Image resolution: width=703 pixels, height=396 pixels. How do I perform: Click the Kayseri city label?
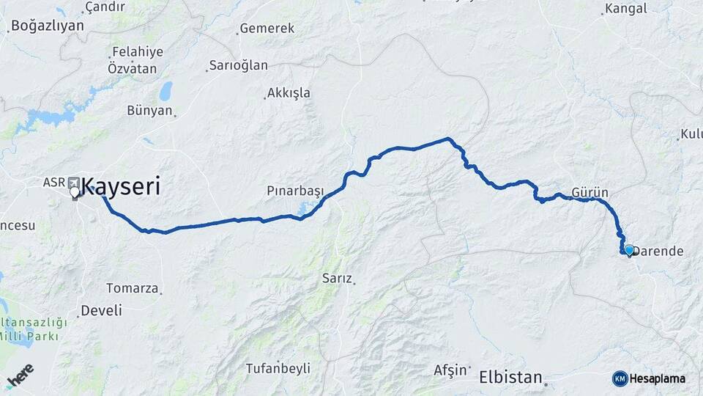120,186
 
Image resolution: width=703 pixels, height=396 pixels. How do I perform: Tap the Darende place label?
658,251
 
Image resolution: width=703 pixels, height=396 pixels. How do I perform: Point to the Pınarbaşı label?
295,191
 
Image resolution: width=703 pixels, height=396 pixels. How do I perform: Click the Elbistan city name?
510,378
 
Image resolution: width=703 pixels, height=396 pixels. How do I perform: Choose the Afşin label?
450,369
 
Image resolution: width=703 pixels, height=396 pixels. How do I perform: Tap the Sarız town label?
337,279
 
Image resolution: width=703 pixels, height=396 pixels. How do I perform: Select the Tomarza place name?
132,287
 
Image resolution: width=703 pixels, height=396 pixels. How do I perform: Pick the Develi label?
101,309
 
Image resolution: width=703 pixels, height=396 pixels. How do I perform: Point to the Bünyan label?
149,111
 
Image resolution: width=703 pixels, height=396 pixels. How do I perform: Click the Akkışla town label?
289,93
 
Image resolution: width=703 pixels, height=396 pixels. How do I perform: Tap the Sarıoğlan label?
239,65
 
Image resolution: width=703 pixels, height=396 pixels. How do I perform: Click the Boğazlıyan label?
48,25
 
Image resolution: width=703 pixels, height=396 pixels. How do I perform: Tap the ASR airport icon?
73,182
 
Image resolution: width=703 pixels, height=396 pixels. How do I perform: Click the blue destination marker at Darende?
628,250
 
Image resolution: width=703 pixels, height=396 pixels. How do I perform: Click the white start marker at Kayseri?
75,193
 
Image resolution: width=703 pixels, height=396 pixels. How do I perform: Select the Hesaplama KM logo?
649,378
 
